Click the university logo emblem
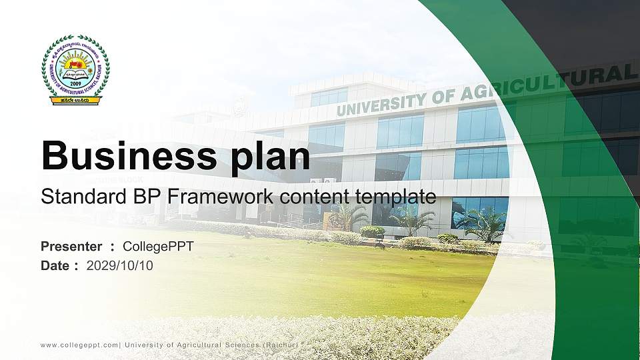[x=75, y=69]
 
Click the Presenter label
[x=71, y=247]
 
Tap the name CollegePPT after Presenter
[x=158, y=247]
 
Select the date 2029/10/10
[x=120, y=266]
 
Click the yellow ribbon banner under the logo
[x=75, y=101]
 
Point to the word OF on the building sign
[x=441, y=95]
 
